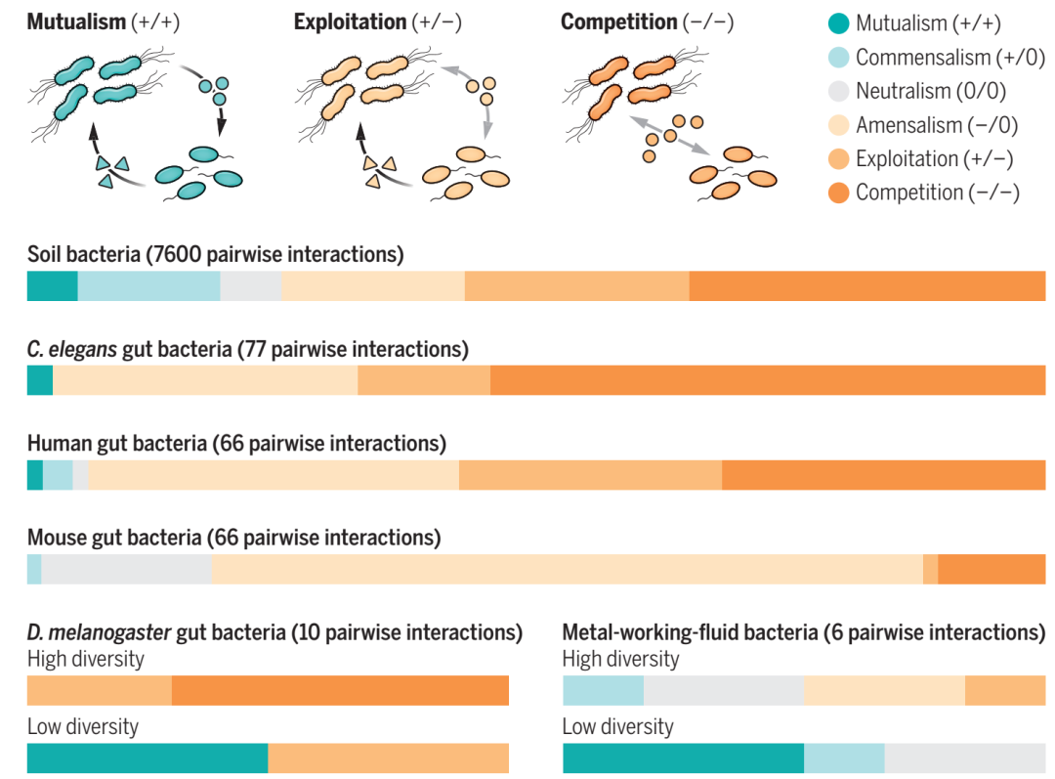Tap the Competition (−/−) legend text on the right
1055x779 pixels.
click(937, 193)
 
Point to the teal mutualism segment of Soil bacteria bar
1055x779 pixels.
click(52, 285)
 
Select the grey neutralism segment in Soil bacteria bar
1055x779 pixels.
click(250, 285)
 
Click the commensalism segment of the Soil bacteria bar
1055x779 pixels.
click(148, 285)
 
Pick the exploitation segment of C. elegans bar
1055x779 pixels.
click(424, 380)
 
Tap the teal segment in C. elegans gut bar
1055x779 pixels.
click(40, 380)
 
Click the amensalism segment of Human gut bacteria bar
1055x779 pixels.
click(274, 474)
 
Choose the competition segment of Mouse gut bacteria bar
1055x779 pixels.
click(992, 569)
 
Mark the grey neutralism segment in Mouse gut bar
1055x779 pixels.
click(127, 569)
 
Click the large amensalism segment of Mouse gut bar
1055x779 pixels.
click(567, 569)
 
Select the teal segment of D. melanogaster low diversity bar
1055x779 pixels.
click(147, 758)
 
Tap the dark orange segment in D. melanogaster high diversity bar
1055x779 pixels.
click(340, 690)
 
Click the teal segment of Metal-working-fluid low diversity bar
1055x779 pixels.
click(683, 758)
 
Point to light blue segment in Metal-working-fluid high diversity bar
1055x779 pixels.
click(603, 690)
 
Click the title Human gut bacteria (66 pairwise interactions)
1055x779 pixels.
click(236, 444)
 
